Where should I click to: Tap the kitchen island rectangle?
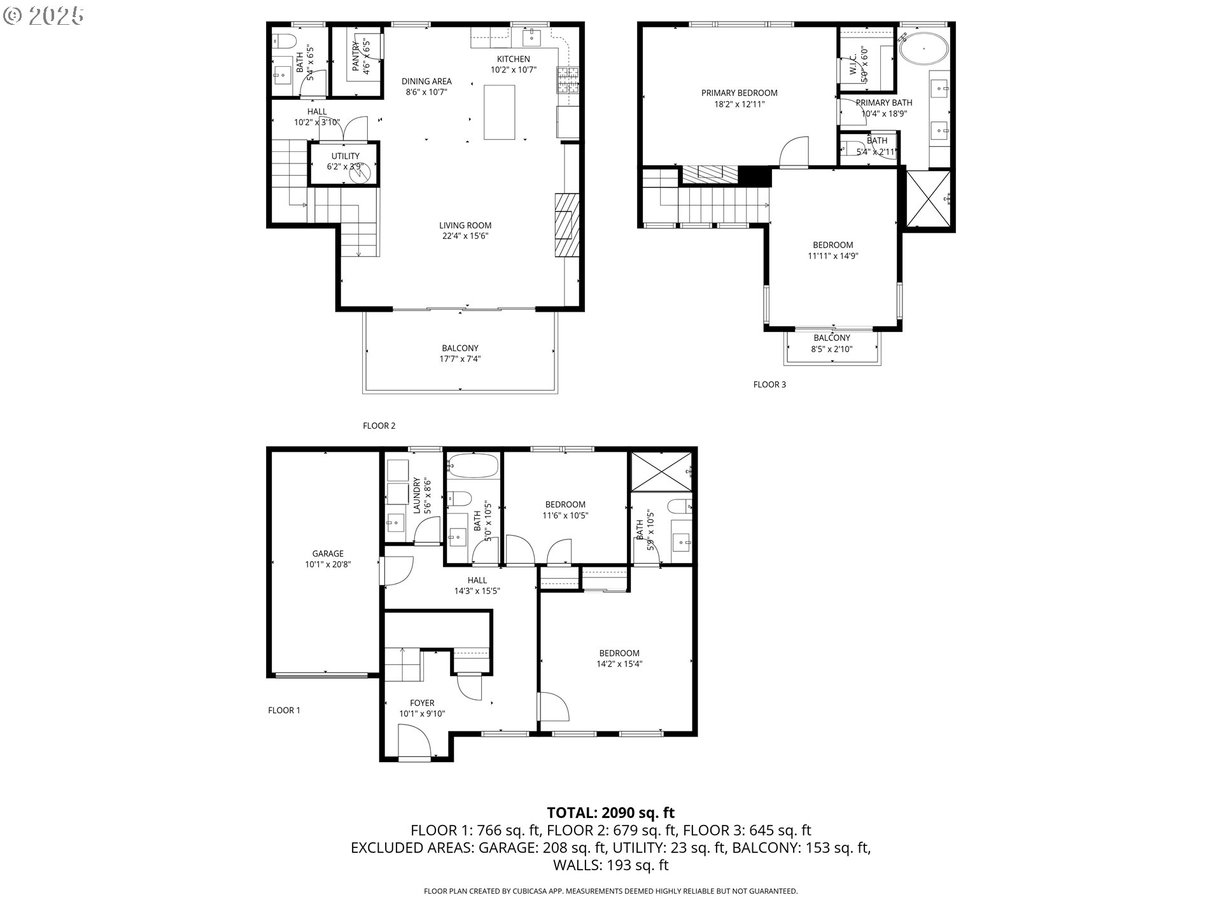tap(499, 112)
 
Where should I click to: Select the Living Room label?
tap(465, 225)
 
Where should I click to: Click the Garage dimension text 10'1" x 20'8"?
tap(328, 564)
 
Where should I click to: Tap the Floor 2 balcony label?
tap(460, 348)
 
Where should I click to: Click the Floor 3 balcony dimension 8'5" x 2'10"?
tap(831, 349)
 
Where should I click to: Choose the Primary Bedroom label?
tap(739, 93)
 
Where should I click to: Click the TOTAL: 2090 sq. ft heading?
tap(610, 812)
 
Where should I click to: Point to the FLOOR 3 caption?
tap(769, 384)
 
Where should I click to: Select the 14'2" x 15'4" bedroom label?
tap(619, 658)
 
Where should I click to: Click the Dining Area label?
tap(426, 81)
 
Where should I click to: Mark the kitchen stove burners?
tap(568, 79)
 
